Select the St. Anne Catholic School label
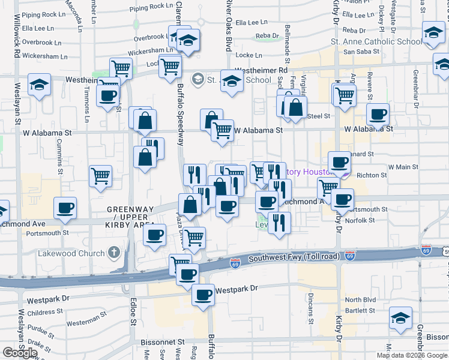point(376,42)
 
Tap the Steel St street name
point(318,116)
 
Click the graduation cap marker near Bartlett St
point(400,317)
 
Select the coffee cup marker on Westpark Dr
point(203,295)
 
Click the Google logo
point(19,352)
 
